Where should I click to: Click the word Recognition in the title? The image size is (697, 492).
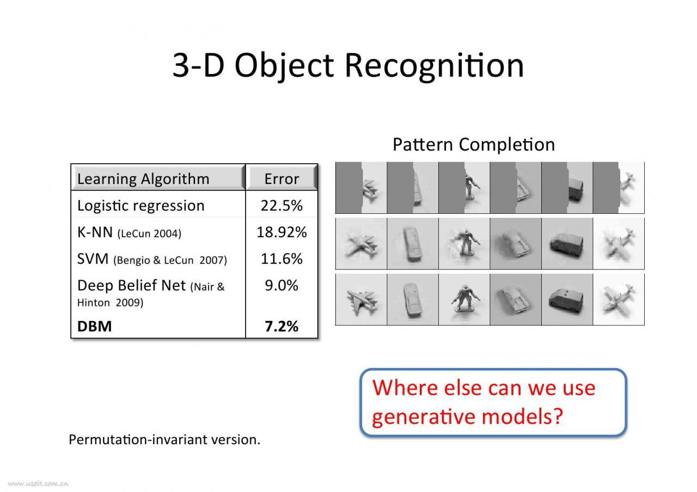pyautogui.click(x=435, y=66)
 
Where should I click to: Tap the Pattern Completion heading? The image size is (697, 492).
pyautogui.click(x=474, y=145)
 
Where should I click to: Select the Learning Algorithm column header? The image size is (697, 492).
pyautogui.click(x=143, y=179)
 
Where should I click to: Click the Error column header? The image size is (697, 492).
pyautogui.click(x=282, y=179)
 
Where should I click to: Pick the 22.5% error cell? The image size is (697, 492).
pyautogui.click(x=282, y=206)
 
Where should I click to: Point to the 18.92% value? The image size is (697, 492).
pyautogui.click(x=282, y=232)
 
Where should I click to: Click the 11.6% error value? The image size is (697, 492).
pyautogui.click(x=282, y=259)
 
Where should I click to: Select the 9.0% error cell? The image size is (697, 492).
pyautogui.click(x=282, y=286)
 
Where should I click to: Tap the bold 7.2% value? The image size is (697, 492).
pyautogui.click(x=282, y=326)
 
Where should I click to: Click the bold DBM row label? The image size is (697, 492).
pyautogui.click(x=94, y=326)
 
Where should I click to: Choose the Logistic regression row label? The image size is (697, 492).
pyautogui.click(x=140, y=206)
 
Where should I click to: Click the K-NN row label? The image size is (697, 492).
pyautogui.click(x=95, y=232)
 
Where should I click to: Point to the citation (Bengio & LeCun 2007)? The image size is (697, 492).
pyautogui.click(x=170, y=260)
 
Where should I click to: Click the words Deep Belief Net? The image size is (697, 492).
pyautogui.click(x=131, y=286)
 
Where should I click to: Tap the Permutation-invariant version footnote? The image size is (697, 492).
pyautogui.click(x=164, y=440)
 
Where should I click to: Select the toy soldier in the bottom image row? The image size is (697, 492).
pyautogui.click(x=465, y=299)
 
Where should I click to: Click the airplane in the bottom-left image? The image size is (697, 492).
pyautogui.click(x=362, y=301)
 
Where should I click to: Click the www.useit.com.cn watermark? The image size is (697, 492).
pyautogui.click(x=38, y=484)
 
